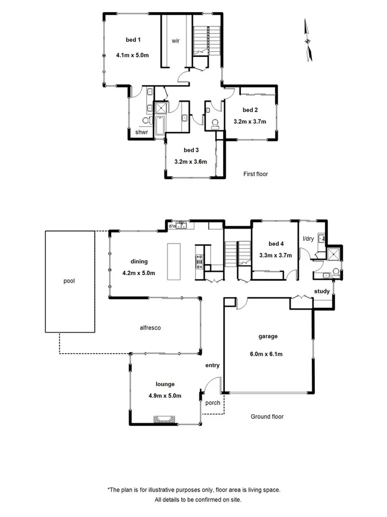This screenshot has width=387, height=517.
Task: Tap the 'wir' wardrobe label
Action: tap(177, 41)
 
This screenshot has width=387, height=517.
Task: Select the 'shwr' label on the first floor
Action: tap(142, 133)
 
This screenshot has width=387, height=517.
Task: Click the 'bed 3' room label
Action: tap(191, 150)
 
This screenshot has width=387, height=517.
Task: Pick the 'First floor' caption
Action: tap(256, 174)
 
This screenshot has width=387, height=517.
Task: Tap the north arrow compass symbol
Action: tap(308, 40)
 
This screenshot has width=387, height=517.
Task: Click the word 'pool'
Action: tap(70, 281)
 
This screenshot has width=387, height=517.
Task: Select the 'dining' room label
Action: tap(139, 261)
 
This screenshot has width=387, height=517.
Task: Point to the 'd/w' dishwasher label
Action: tap(172, 226)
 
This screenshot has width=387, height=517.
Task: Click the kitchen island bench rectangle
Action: tap(174, 261)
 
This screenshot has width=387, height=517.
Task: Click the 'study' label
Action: tap(322, 291)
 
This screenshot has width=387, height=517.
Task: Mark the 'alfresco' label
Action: tap(150, 328)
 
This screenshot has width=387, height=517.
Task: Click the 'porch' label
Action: tap(213, 403)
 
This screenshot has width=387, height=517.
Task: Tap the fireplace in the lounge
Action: tap(165, 420)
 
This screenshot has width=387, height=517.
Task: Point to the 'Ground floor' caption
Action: tap(267, 416)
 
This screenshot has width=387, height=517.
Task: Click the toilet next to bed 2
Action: tap(215, 122)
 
